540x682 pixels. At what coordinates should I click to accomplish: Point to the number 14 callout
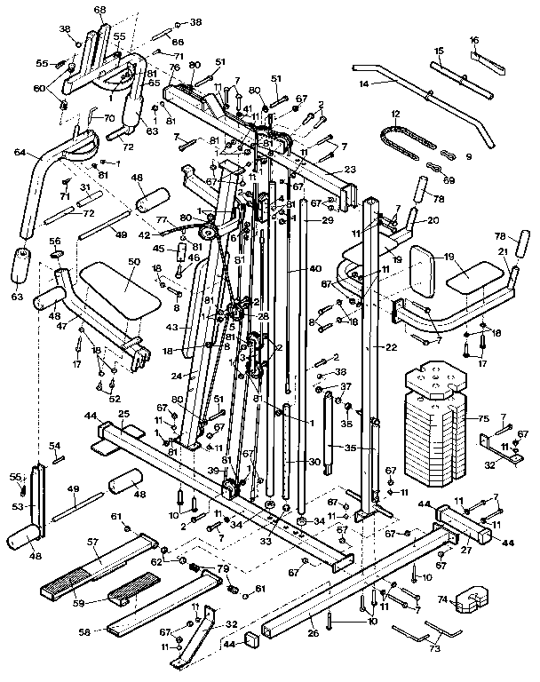[362, 83]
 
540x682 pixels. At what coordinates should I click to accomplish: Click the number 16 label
[474, 41]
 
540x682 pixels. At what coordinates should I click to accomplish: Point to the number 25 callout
[123, 415]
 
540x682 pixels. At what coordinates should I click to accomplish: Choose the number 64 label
[19, 152]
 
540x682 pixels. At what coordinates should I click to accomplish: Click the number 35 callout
[352, 449]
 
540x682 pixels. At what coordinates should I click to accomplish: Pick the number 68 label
[99, 9]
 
